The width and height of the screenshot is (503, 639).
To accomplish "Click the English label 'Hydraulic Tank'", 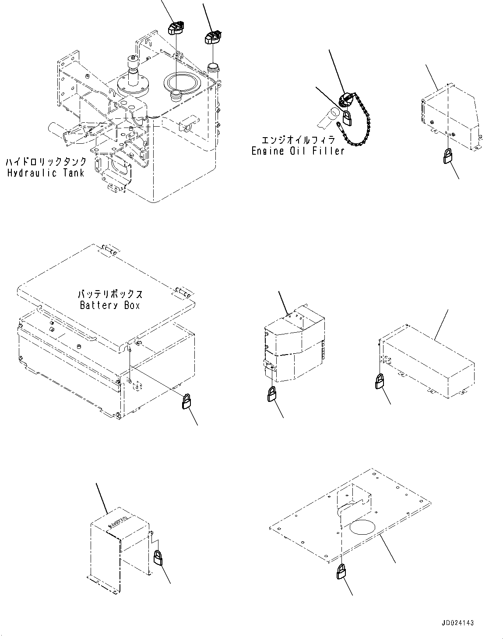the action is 46,173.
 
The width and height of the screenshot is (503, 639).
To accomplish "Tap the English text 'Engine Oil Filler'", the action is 298,151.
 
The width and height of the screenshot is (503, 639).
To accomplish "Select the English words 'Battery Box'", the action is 110,305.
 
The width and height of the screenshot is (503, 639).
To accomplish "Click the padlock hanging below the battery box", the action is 186,401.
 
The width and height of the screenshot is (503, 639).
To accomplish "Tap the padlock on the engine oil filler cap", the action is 347,118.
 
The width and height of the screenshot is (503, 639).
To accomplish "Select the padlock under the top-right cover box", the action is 448,156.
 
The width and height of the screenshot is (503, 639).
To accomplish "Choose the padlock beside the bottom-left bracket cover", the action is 158,557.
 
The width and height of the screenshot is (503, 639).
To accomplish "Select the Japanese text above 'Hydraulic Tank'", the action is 46,162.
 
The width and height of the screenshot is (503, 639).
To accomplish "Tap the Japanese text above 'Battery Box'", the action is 110,294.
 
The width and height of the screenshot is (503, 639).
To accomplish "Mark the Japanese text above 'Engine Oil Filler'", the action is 298,140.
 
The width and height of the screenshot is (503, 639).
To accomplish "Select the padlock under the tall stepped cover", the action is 272,394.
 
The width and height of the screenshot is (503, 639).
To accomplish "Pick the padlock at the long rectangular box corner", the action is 379,381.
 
